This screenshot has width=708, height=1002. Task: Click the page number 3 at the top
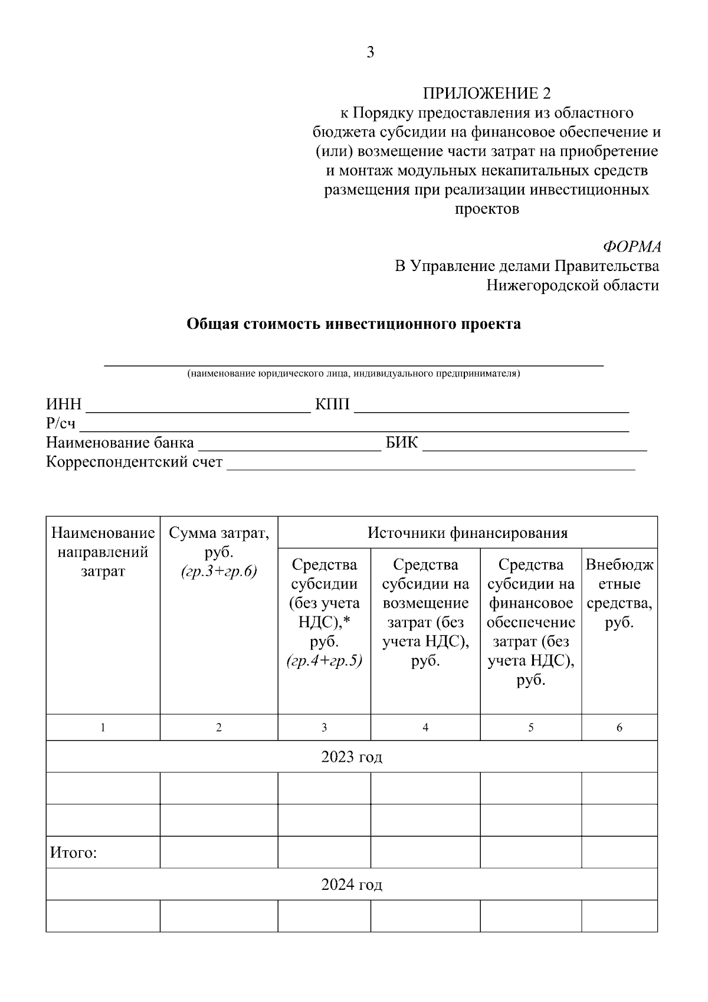click(370, 53)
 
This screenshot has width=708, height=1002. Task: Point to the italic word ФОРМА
click(632, 247)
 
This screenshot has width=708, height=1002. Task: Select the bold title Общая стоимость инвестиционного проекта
click(353, 324)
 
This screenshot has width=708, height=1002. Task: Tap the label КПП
click(332, 404)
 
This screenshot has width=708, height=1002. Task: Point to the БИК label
click(401, 443)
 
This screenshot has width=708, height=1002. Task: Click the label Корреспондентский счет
click(135, 462)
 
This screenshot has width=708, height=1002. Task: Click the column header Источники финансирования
click(467, 533)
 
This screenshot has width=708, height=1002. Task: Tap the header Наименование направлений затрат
click(103, 553)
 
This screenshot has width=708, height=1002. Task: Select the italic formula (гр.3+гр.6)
click(219, 572)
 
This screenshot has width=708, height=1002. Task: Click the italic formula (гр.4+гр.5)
click(324, 661)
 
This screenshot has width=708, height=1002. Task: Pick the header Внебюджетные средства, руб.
click(619, 593)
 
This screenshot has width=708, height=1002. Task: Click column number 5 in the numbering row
click(530, 727)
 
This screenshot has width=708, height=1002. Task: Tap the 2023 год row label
click(352, 757)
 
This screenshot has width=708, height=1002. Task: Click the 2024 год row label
click(352, 884)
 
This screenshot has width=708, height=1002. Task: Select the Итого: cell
click(74, 853)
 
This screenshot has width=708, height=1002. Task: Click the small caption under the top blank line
click(353, 374)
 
